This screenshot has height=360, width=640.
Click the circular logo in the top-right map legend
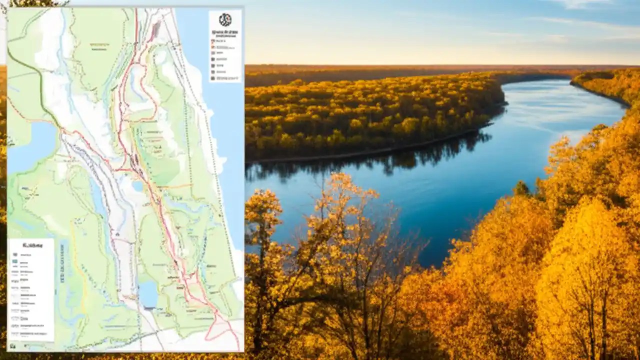click(x=225, y=20)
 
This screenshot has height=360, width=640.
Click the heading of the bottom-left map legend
click(x=30, y=245)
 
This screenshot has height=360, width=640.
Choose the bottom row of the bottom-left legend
click(x=30, y=332)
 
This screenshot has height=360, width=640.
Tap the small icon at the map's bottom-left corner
click(x=12, y=345)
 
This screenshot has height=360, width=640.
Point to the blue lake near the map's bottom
click(x=148, y=293)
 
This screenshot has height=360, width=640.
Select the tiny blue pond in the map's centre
click(x=137, y=186)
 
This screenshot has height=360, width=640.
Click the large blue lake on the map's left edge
click(x=30, y=145)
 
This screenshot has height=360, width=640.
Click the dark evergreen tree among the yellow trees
click(x=521, y=188)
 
